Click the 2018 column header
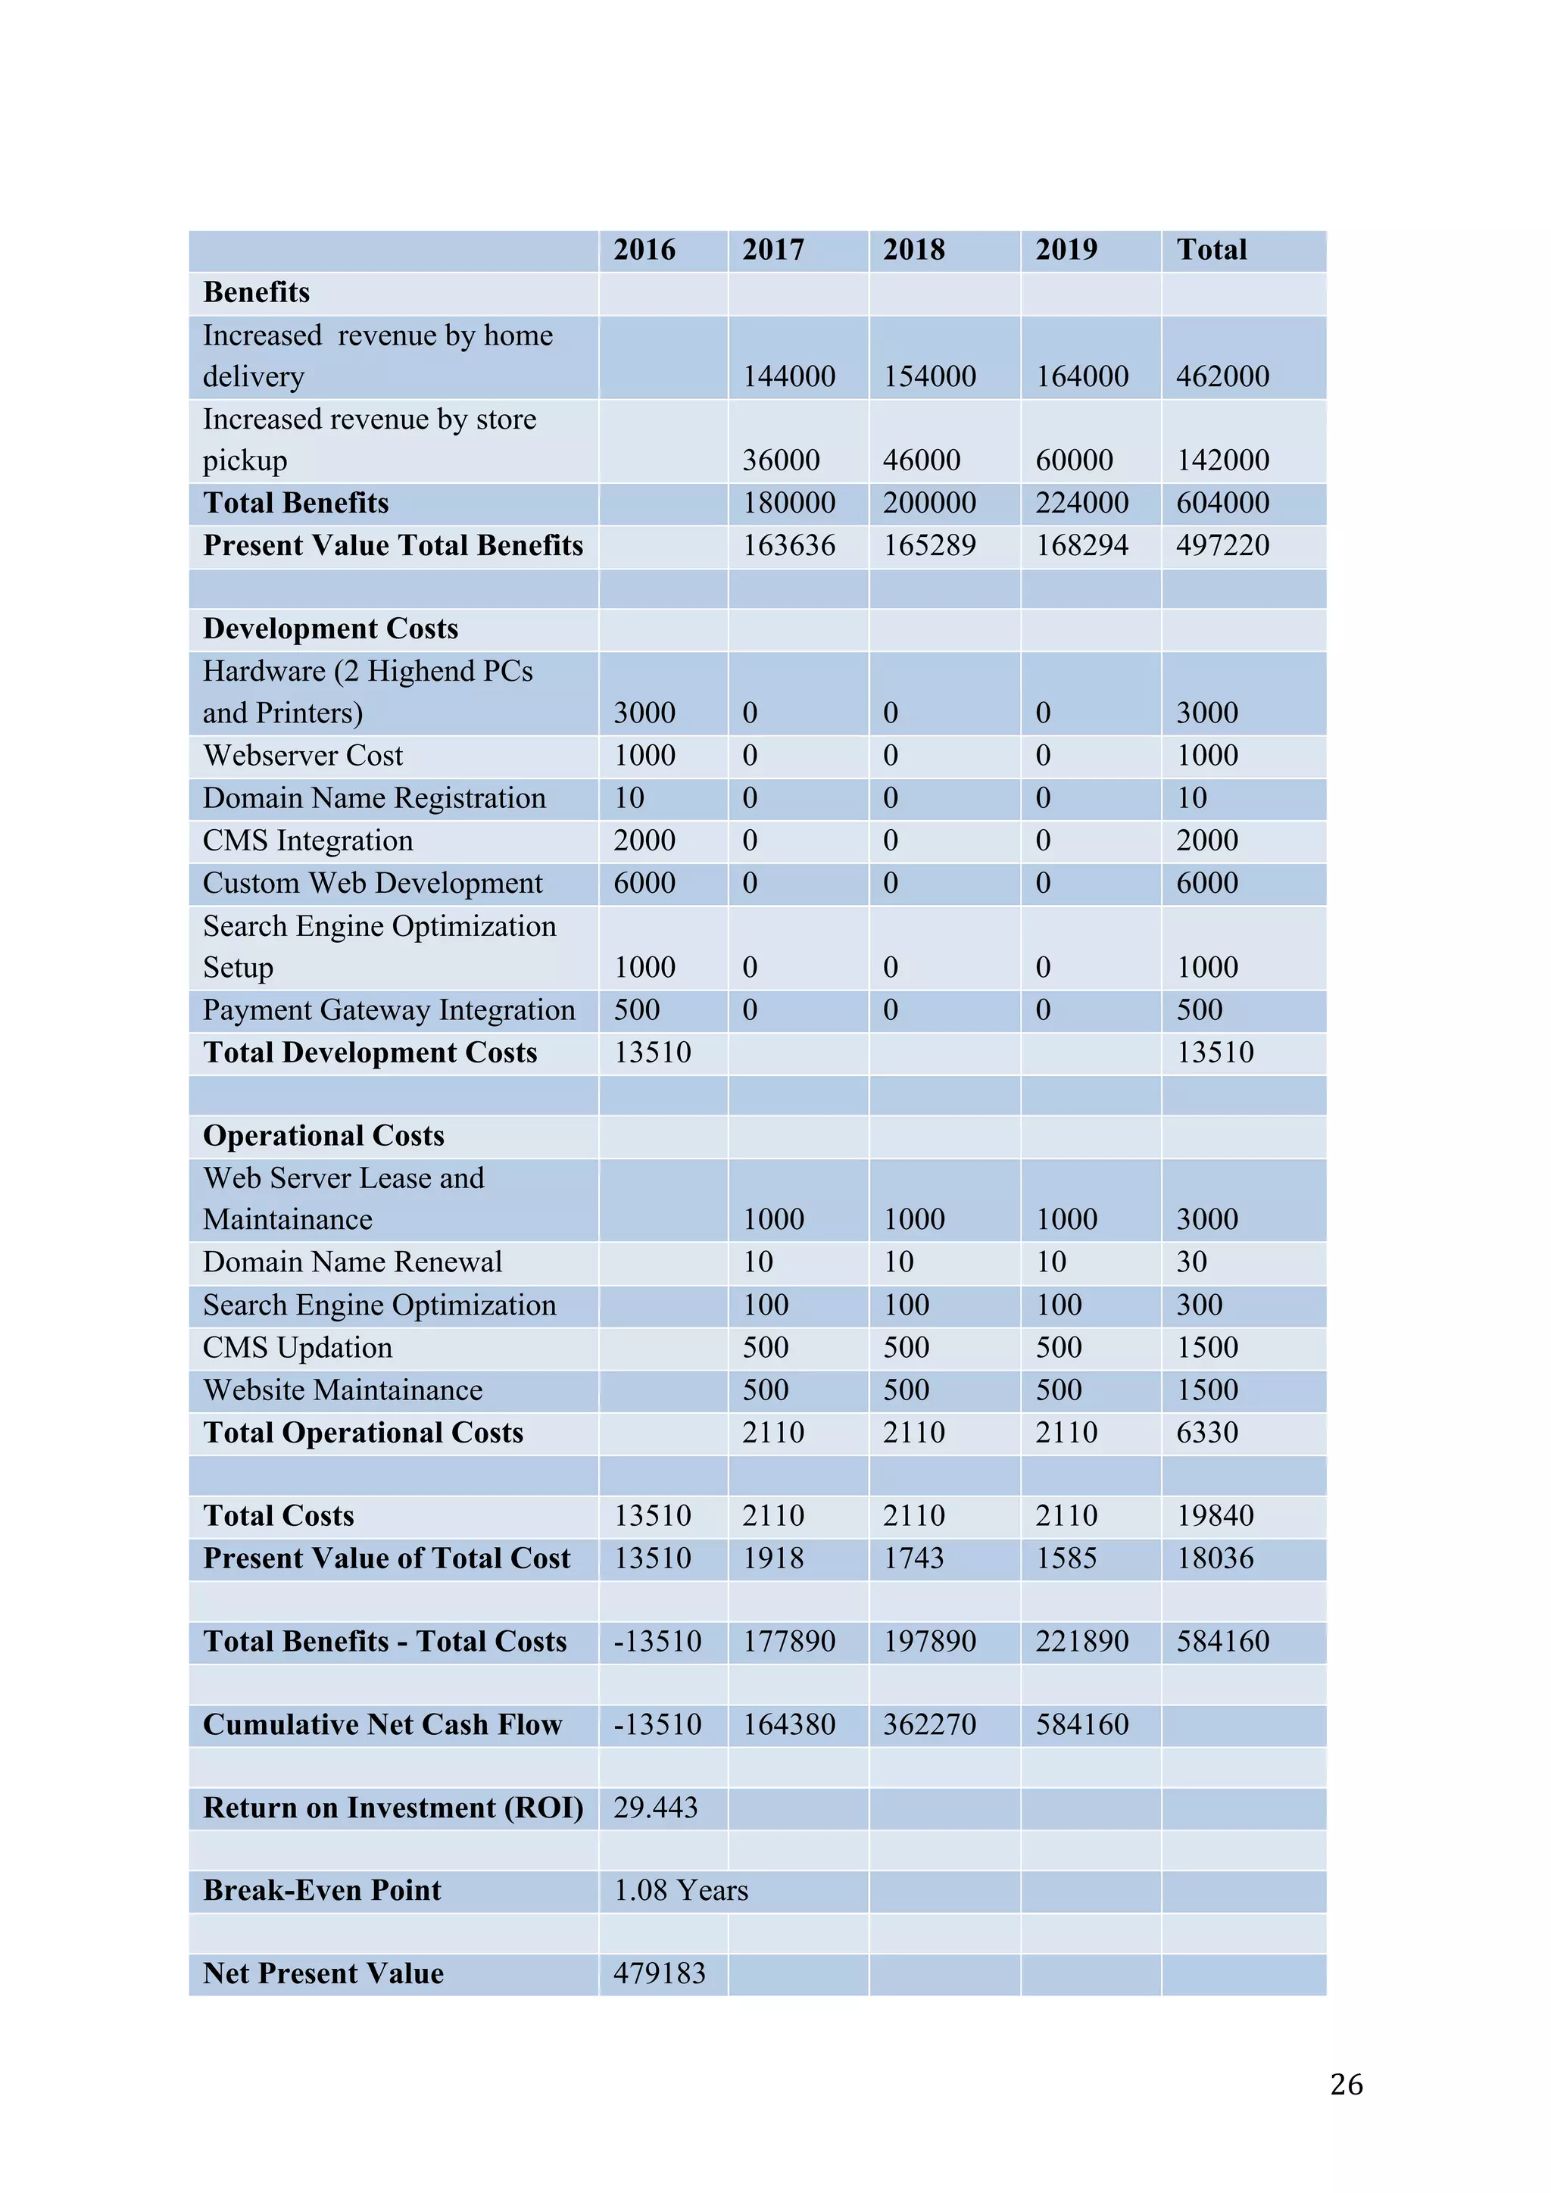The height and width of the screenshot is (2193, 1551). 913,250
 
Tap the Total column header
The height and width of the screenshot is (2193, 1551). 1211,250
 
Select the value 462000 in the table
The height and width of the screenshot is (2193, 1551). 1222,376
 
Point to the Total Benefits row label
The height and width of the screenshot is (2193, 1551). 296,504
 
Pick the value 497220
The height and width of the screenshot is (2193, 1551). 1222,545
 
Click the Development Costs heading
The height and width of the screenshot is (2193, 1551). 330,629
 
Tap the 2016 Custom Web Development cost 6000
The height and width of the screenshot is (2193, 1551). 644,884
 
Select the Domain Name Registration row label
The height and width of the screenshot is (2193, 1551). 374,798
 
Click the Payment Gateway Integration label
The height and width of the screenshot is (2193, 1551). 389,1010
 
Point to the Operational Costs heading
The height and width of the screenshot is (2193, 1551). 324,1136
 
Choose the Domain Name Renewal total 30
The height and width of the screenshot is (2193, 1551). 1191,1262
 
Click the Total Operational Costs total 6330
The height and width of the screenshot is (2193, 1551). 1206,1433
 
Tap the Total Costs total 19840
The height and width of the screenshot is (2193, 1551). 1214,1516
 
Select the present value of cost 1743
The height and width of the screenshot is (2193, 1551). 913,1558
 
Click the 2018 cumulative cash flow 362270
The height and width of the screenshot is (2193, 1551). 928,1725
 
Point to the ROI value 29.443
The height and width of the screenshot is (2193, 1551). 655,1808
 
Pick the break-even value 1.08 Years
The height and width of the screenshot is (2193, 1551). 680,1891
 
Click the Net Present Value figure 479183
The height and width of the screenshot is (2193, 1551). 659,1974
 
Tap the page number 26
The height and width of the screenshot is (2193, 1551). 1346,2085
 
